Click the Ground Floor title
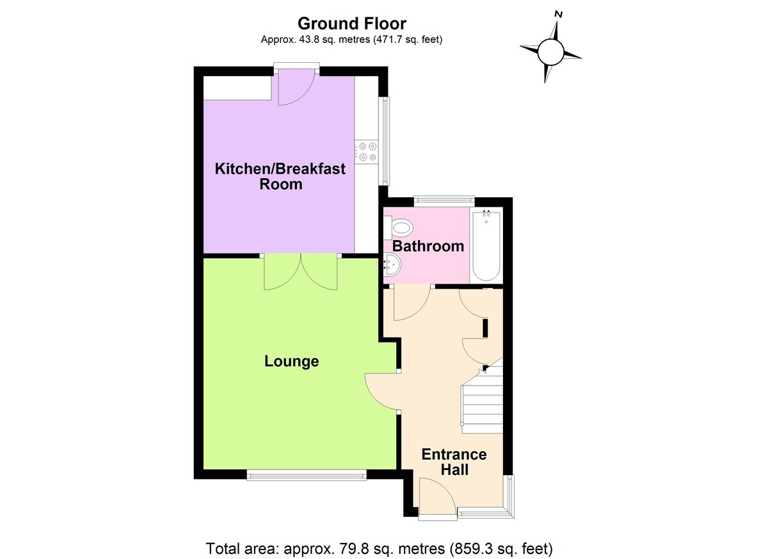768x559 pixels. [x=352, y=24]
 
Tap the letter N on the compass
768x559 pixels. [x=559, y=14]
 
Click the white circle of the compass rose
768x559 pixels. [x=550, y=52]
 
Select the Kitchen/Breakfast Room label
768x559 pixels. [x=280, y=177]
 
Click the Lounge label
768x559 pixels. [x=291, y=362]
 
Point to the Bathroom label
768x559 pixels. [x=428, y=247]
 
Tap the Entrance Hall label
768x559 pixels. [x=454, y=462]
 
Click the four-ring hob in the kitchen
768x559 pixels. [x=367, y=152]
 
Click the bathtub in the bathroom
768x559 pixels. [x=486, y=245]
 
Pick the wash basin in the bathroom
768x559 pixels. [x=392, y=264]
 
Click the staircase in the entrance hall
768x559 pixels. [x=481, y=409]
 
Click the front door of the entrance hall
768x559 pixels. [x=437, y=497]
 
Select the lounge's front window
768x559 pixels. [x=307, y=475]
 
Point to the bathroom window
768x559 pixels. [x=444, y=201]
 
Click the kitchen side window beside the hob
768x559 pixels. [x=385, y=141]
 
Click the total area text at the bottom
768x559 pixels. [x=379, y=548]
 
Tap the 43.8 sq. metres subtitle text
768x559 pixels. [x=351, y=40]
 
